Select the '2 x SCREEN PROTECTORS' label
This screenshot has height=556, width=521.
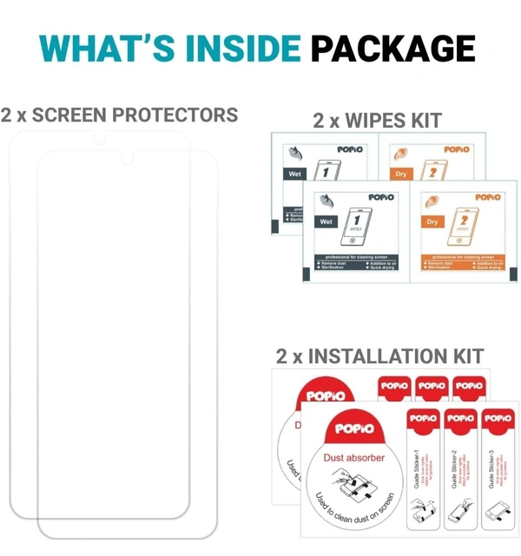[x=120, y=115]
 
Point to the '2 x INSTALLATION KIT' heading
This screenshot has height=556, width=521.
[x=379, y=355]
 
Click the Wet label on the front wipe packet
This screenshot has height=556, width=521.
[x=326, y=222]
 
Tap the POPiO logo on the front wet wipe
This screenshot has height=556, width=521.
[x=381, y=197]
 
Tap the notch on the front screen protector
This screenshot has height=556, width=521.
[x=133, y=157]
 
